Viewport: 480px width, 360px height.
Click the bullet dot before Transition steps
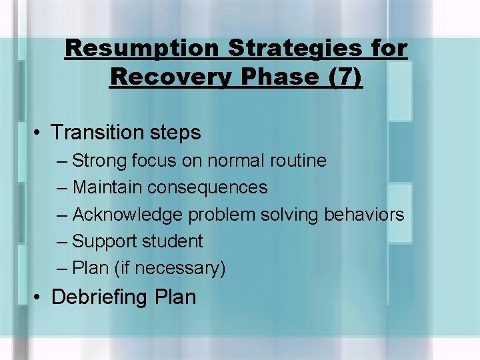40,133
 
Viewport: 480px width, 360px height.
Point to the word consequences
207,188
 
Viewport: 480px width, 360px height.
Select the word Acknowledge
128,215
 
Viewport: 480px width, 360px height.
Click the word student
172,241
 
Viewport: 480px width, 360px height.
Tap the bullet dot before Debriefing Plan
40,297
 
